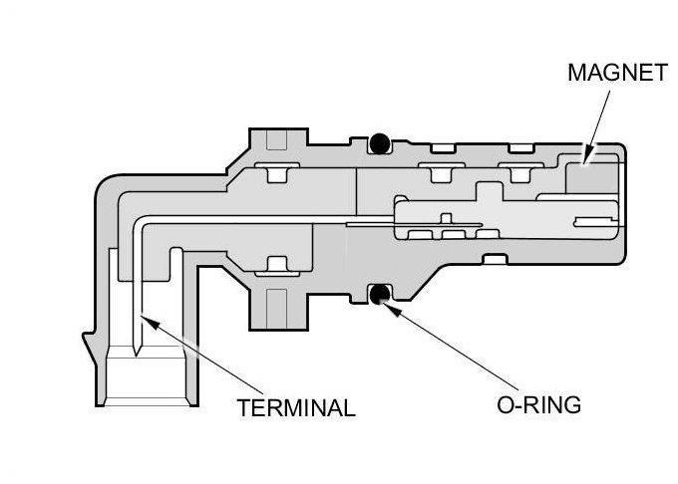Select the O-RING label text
click(539, 405)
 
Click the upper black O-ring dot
click(378, 144)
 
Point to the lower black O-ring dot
click(378, 295)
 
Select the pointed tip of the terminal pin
click(140, 344)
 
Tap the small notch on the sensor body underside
click(491, 261)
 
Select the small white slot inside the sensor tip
click(595, 216)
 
